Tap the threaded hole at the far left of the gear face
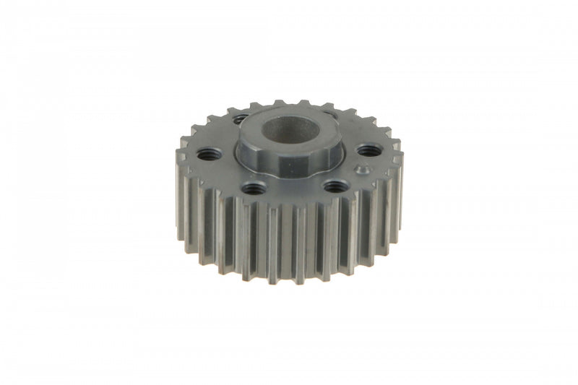click(207, 153)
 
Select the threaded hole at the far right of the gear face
click(368, 150)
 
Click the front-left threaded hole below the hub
click(253, 189)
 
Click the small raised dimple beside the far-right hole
click(363, 171)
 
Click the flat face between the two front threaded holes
click(293, 190)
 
